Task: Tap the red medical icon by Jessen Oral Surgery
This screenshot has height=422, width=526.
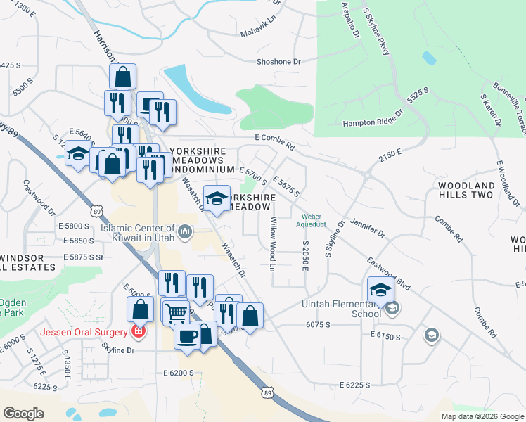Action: (x=139, y=331)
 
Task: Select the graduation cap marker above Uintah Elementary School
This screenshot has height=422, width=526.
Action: (x=380, y=290)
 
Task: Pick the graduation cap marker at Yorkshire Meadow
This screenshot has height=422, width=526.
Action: (x=217, y=199)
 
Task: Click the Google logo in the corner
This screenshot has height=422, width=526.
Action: (x=23, y=414)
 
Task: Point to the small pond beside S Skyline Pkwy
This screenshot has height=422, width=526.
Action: (x=428, y=58)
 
